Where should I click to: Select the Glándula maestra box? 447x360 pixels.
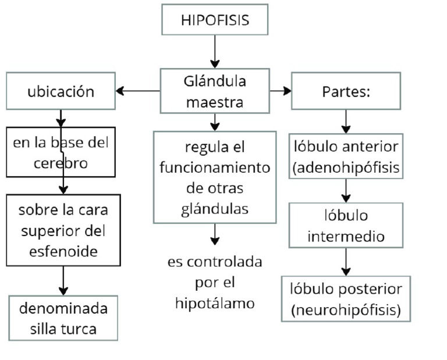pyautogui.click(x=215, y=91)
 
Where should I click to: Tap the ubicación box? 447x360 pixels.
pyautogui.click(x=61, y=91)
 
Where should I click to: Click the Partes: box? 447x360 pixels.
pyautogui.click(x=346, y=91)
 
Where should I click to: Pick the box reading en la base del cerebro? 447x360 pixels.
pyautogui.click(x=61, y=152)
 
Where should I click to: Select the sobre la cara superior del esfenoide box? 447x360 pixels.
pyautogui.click(x=63, y=230)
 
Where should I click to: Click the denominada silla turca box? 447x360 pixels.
pyautogui.click(x=63, y=318)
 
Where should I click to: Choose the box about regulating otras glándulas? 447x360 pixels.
pyautogui.click(x=215, y=177)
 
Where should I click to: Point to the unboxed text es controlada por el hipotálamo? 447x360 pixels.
pyautogui.click(x=215, y=283)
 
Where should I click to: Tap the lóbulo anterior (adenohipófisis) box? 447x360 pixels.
pyautogui.click(x=346, y=156)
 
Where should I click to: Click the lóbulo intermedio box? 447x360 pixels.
pyautogui.click(x=346, y=226)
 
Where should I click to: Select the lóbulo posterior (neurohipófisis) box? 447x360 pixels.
pyautogui.click(x=346, y=298)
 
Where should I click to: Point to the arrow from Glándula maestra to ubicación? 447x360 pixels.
pyautogui.click(x=138, y=91)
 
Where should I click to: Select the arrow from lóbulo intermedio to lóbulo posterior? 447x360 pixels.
pyautogui.click(x=346, y=262)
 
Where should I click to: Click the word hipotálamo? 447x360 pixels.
pyautogui.click(x=215, y=304)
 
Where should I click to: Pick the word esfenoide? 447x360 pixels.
pyautogui.click(x=63, y=251)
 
